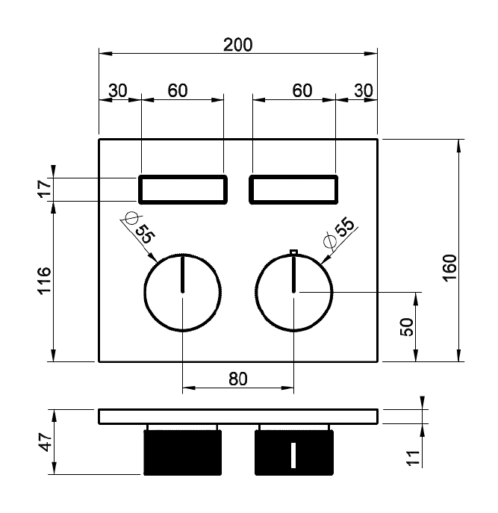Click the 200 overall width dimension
point(238,45)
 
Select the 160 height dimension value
point(449,267)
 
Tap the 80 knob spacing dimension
point(238,379)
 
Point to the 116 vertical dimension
point(45,281)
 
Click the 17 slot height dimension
point(45,189)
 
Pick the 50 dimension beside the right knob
point(407,327)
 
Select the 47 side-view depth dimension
point(46,441)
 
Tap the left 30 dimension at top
point(118,90)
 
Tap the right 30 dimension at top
point(363,90)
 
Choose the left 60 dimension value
point(178,90)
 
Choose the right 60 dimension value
point(302,90)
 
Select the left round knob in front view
point(145,292)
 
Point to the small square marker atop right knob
point(294,251)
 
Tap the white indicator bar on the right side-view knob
point(293,455)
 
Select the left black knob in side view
point(183,453)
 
